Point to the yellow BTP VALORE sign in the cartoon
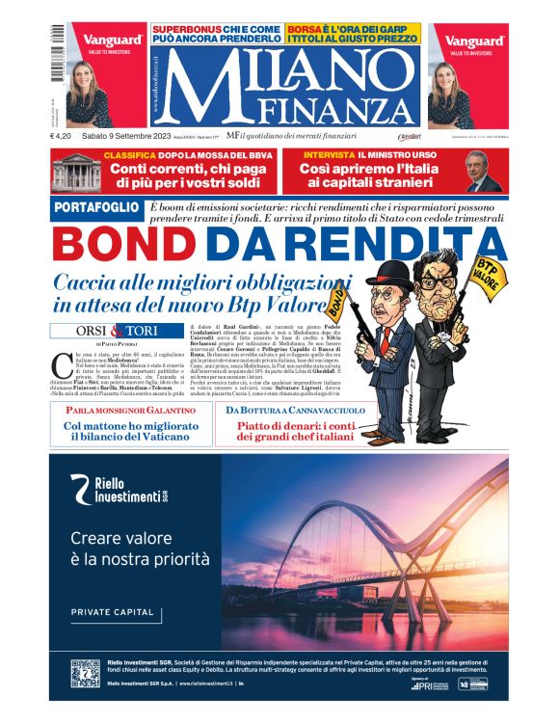coord(486,276)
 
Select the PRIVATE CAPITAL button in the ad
coord(113,612)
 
